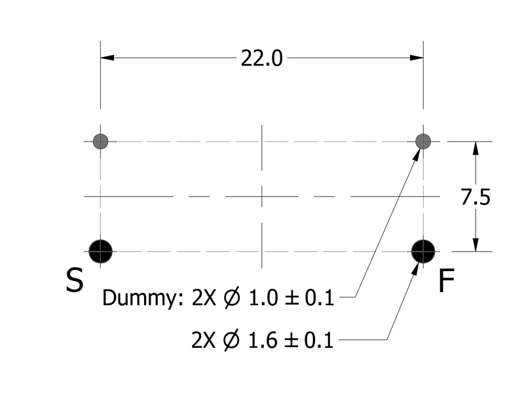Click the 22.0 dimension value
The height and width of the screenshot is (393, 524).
coord(262,58)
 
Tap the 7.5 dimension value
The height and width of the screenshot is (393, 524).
coord(475,197)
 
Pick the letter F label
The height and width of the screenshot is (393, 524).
coord(446,281)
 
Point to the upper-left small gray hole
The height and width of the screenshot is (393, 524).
coord(100,141)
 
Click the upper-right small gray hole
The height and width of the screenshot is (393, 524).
coord(424,141)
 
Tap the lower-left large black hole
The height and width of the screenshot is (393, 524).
coord(100,250)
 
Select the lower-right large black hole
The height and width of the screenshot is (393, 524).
coord(424,250)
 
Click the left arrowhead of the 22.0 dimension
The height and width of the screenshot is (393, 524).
coord(107,58)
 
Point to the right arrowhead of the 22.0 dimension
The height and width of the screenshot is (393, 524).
coord(417,58)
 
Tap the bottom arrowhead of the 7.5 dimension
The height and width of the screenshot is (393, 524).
coord(476,244)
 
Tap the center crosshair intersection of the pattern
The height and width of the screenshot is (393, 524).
coord(262,196)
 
